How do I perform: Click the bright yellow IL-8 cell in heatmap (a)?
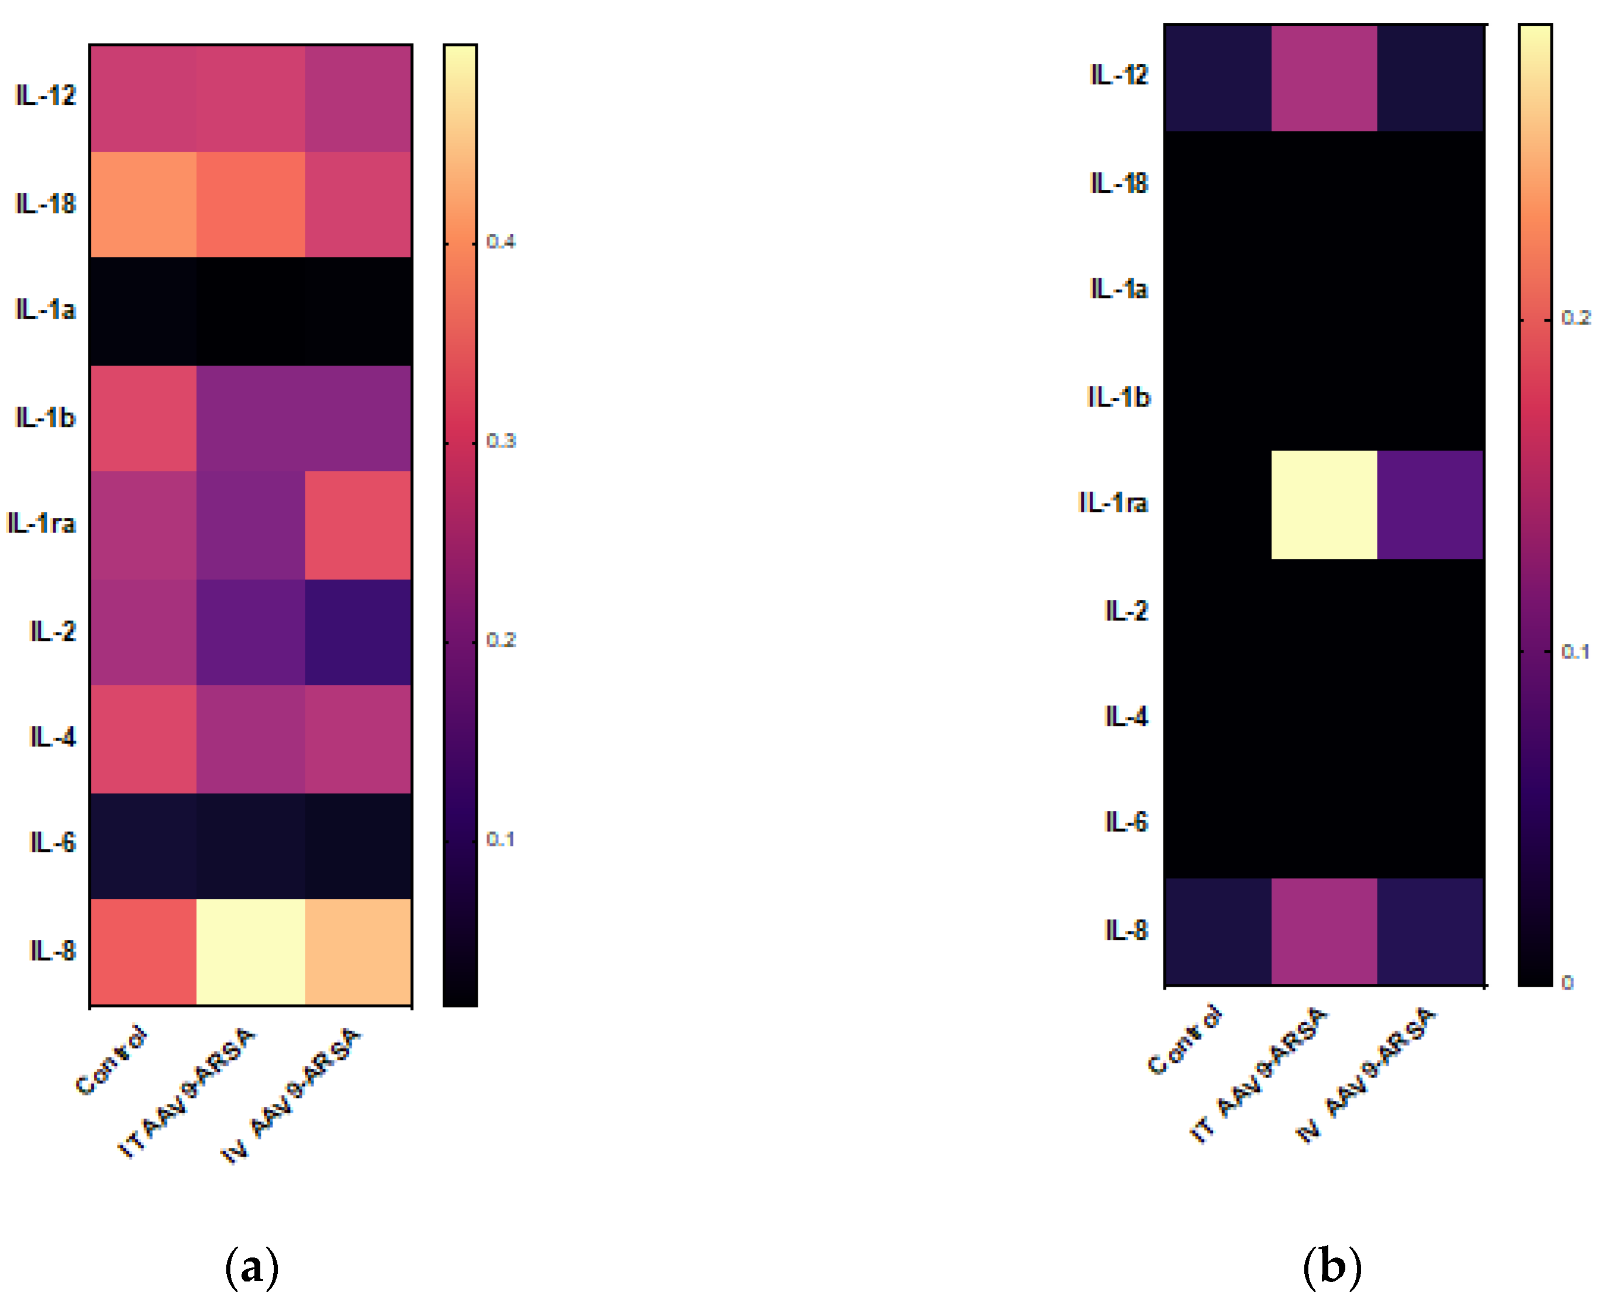pos(250,951)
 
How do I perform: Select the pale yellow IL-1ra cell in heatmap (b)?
pos(1324,504)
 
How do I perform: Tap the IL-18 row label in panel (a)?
pos(45,203)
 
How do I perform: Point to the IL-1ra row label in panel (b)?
pos(1113,503)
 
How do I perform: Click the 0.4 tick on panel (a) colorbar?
pos(501,241)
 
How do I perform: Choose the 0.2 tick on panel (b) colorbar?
pos(1575,318)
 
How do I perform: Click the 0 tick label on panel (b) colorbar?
pos(1567,981)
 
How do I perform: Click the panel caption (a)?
pos(251,1267)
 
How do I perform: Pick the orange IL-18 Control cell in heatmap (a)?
pos(143,204)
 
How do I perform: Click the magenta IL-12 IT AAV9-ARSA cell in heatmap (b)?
pos(1324,78)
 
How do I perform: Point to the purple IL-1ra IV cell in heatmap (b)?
pos(1430,504)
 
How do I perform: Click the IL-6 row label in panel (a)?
pos(53,842)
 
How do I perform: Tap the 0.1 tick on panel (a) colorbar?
pos(501,839)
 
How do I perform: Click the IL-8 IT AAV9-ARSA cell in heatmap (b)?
pos(1324,930)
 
